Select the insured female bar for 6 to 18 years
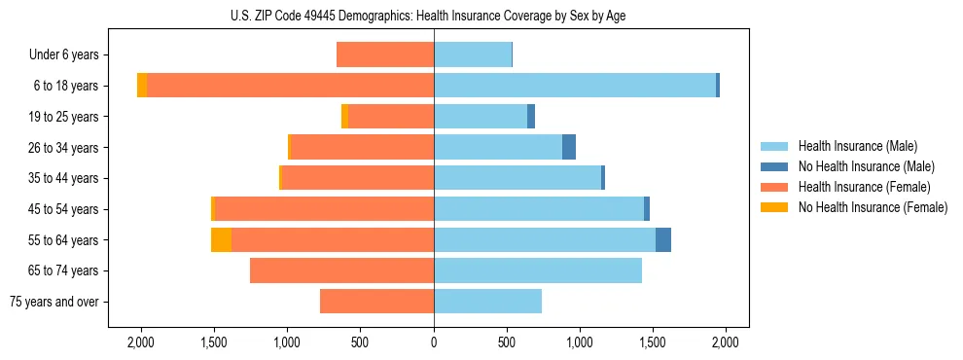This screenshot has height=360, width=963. [x=290, y=86]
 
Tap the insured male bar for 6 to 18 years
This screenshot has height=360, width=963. [x=574, y=86]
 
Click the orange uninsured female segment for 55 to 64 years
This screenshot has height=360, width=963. [x=221, y=240]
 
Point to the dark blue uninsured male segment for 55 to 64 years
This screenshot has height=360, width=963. [x=663, y=240]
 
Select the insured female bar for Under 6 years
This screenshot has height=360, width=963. [x=385, y=54]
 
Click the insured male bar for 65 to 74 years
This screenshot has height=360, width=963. [x=538, y=270]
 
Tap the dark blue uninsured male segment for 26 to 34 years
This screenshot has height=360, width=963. [x=569, y=148]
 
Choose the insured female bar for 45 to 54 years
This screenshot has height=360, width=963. [x=324, y=209]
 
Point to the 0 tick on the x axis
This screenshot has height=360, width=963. [x=434, y=342]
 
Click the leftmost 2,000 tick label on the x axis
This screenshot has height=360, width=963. [x=141, y=342]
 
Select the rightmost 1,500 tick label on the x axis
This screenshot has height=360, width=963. [x=653, y=342]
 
